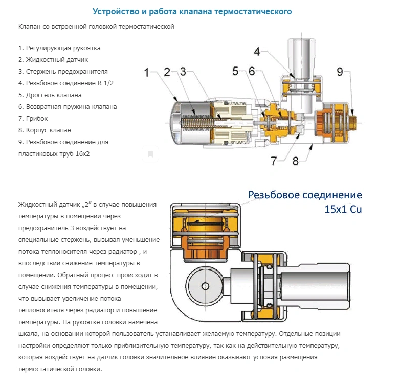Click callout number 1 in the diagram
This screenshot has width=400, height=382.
pos(147,73)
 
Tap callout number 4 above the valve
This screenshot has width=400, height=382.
pos(257,52)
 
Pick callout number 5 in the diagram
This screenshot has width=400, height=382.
pos(236,72)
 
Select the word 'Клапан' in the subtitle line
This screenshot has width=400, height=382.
pos(28,26)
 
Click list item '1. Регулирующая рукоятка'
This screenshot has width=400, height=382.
pos(59,48)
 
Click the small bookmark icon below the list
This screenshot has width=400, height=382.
pos(150,153)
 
